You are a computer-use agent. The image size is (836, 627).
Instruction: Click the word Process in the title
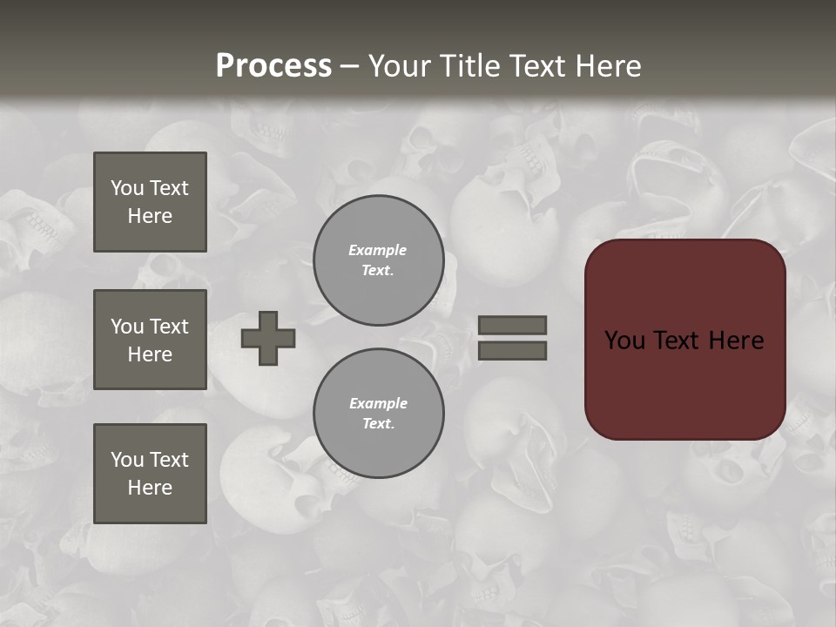[273, 66]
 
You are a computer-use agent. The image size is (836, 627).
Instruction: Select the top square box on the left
[150, 202]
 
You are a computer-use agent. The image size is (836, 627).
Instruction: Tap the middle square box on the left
[150, 340]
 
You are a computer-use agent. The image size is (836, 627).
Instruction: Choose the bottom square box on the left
[150, 474]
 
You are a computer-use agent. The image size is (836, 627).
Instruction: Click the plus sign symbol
[268, 338]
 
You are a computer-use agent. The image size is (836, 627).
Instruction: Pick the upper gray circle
[378, 260]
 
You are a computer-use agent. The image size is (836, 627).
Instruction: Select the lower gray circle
[378, 414]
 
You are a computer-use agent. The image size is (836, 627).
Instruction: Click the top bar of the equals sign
[512, 325]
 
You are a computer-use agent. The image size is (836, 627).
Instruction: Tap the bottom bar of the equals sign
[512, 351]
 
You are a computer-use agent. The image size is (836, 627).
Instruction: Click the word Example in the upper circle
[377, 250]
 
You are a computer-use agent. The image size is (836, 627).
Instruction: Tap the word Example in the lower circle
[378, 403]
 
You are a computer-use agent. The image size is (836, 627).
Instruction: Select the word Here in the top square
[150, 216]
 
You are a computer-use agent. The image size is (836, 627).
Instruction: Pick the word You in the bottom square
[127, 460]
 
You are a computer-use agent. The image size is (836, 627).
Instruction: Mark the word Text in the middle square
[168, 327]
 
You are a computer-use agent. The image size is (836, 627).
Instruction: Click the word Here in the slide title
[609, 66]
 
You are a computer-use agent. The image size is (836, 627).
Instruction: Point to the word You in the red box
[624, 340]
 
